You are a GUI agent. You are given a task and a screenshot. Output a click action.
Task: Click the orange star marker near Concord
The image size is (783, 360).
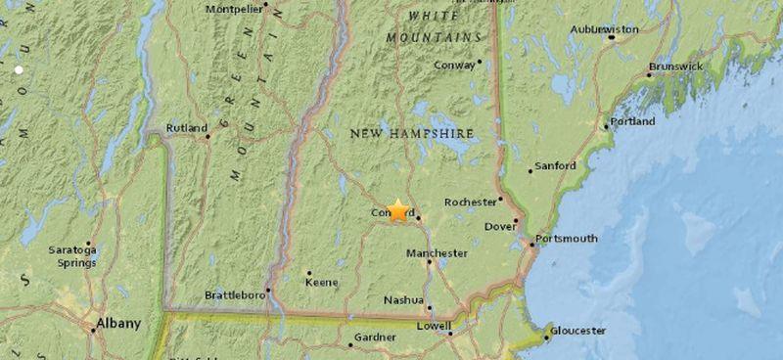[x=398, y=209]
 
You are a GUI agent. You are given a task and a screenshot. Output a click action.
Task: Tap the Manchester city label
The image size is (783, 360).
[x=437, y=253]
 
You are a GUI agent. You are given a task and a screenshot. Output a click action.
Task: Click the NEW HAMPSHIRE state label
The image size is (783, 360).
[x=412, y=133]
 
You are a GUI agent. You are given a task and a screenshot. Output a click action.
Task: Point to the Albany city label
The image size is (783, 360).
[x=117, y=323]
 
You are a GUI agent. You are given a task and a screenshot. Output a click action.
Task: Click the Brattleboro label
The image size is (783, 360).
[x=236, y=293]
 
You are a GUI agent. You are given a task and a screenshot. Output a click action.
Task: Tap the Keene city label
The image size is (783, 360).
[x=322, y=283]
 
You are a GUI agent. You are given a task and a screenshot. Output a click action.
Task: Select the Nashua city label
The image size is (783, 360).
[x=403, y=299]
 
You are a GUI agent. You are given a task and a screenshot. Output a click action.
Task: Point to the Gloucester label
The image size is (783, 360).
[x=577, y=331]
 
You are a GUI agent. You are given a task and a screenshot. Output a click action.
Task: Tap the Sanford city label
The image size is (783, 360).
[x=557, y=166]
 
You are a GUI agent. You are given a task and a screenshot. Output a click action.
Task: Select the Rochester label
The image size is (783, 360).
[x=471, y=202]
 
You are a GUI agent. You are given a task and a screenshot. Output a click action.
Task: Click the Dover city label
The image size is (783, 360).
[x=499, y=227]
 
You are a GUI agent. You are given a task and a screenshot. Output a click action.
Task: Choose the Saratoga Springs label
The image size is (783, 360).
[x=72, y=255]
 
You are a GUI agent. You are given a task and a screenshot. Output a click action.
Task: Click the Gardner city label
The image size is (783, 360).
[x=376, y=337]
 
